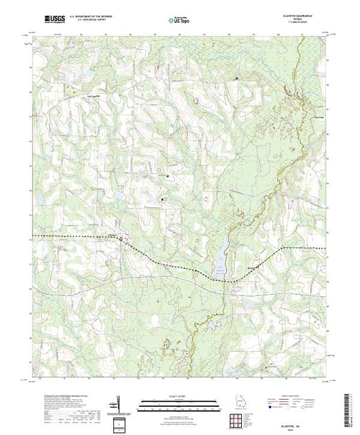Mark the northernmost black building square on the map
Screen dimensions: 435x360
pos(236,78)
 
